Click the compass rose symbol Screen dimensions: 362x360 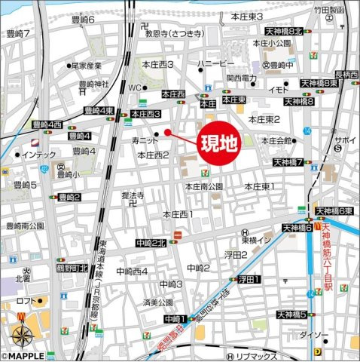pyautogui.click(x=21, y=333)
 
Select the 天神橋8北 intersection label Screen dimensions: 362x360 pyautogui.click(x=282, y=32)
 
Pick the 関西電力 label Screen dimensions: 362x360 pyautogui.click(x=243, y=78)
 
